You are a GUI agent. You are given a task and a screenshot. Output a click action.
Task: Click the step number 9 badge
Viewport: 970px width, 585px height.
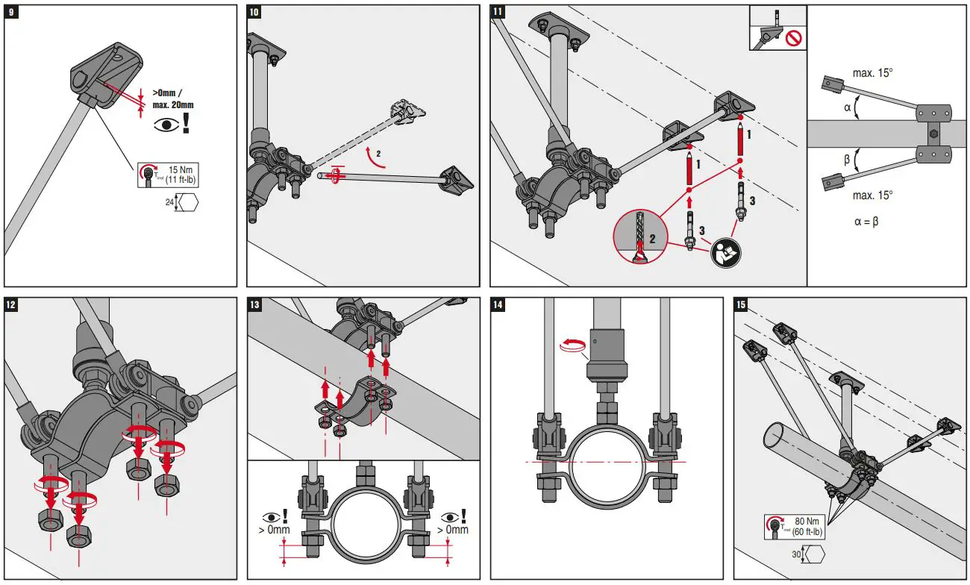point(11,12)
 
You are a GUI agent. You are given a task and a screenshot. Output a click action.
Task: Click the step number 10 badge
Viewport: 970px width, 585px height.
point(254,12)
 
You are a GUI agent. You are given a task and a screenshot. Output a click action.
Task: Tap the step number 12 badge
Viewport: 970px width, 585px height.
point(11,304)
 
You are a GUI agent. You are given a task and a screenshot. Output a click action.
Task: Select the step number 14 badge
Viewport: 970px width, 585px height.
point(498,304)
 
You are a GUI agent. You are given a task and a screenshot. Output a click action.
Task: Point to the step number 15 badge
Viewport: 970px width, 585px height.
point(741,304)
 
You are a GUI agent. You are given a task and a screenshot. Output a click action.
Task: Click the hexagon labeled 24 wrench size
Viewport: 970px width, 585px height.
point(187,203)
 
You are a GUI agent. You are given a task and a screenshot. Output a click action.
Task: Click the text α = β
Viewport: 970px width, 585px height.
point(866,221)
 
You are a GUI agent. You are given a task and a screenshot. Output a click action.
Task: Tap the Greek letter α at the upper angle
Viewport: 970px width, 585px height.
point(847,107)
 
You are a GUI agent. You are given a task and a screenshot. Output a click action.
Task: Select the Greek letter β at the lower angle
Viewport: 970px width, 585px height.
point(847,160)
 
